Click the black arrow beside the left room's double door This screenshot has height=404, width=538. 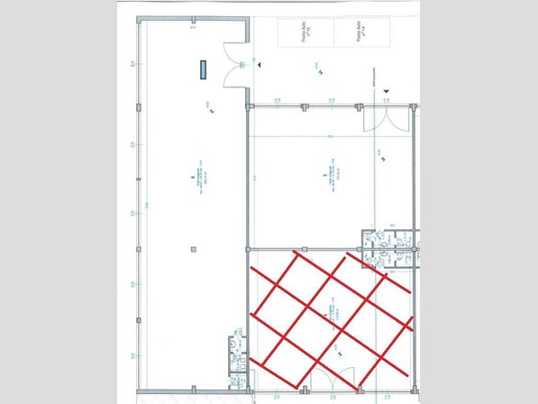pyautogui.click(x=259, y=66)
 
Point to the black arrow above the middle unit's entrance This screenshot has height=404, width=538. pyautogui.click(x=387, y=90)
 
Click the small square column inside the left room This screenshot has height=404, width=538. pyautogui.click(x=192, y=247)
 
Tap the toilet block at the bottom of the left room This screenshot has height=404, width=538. pyautogui.click(x=237, y=354)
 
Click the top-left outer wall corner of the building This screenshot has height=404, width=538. pyautogui.click(x=138, y=19)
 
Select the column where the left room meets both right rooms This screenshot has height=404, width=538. pyautogui.click(x=248, y=248)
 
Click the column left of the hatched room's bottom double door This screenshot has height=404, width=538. pyautogui.click(x=298, y=390)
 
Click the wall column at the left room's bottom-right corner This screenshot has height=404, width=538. pyautogui.click(x=247, y=390)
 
